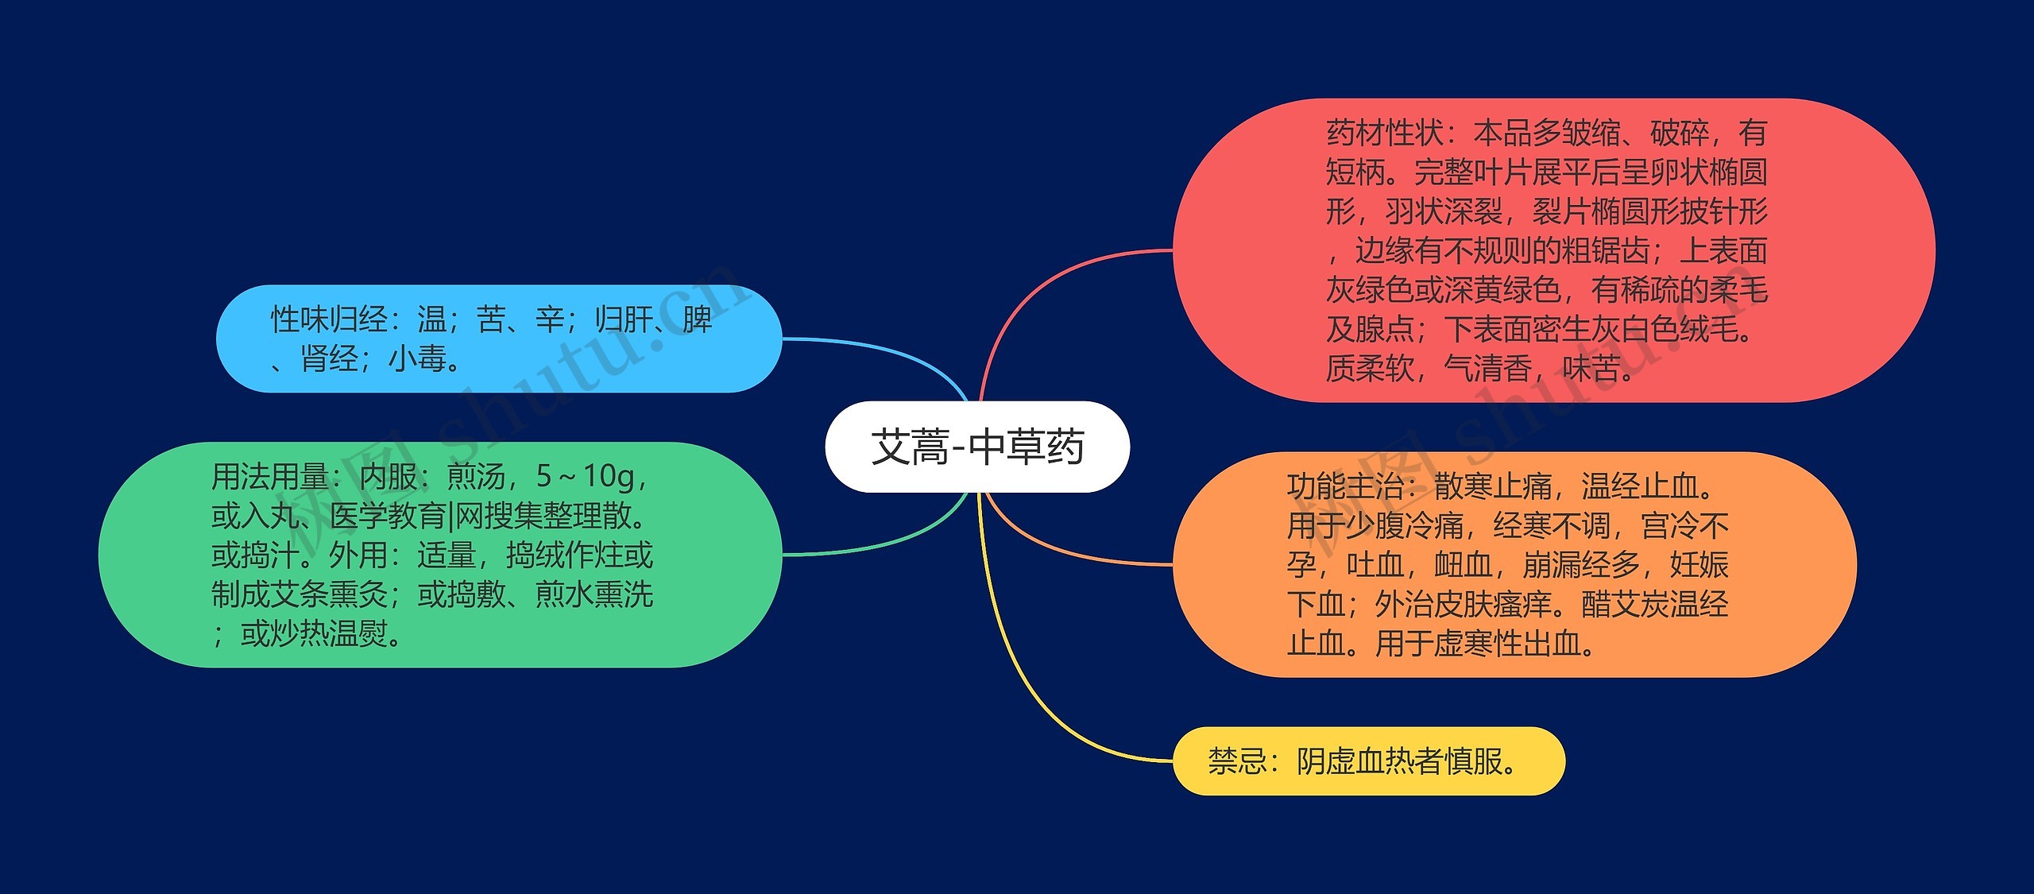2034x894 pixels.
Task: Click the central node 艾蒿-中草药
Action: point(977,447)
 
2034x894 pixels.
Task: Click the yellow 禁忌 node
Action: point(1369,760)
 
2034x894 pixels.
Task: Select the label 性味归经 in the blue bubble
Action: point(329,319)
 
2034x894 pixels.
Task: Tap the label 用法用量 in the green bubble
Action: point(270,477)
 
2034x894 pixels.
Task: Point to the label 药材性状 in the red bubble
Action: point(1385,133)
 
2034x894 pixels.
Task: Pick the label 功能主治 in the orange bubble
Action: point(1346,486)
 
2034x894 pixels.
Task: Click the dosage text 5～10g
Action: point(585,477)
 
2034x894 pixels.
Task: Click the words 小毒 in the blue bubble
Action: point(417,359)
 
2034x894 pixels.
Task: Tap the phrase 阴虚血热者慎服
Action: point(1400,761)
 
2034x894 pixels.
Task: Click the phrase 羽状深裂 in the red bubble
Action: point(1444,211)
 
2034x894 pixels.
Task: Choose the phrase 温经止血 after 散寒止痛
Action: point(1640,486)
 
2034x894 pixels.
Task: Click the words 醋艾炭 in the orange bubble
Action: point(1626,604)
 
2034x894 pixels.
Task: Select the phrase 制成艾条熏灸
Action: point(300,594)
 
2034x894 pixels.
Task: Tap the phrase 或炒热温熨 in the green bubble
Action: point(315,633)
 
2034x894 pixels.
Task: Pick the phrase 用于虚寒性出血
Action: point(1478,643)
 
